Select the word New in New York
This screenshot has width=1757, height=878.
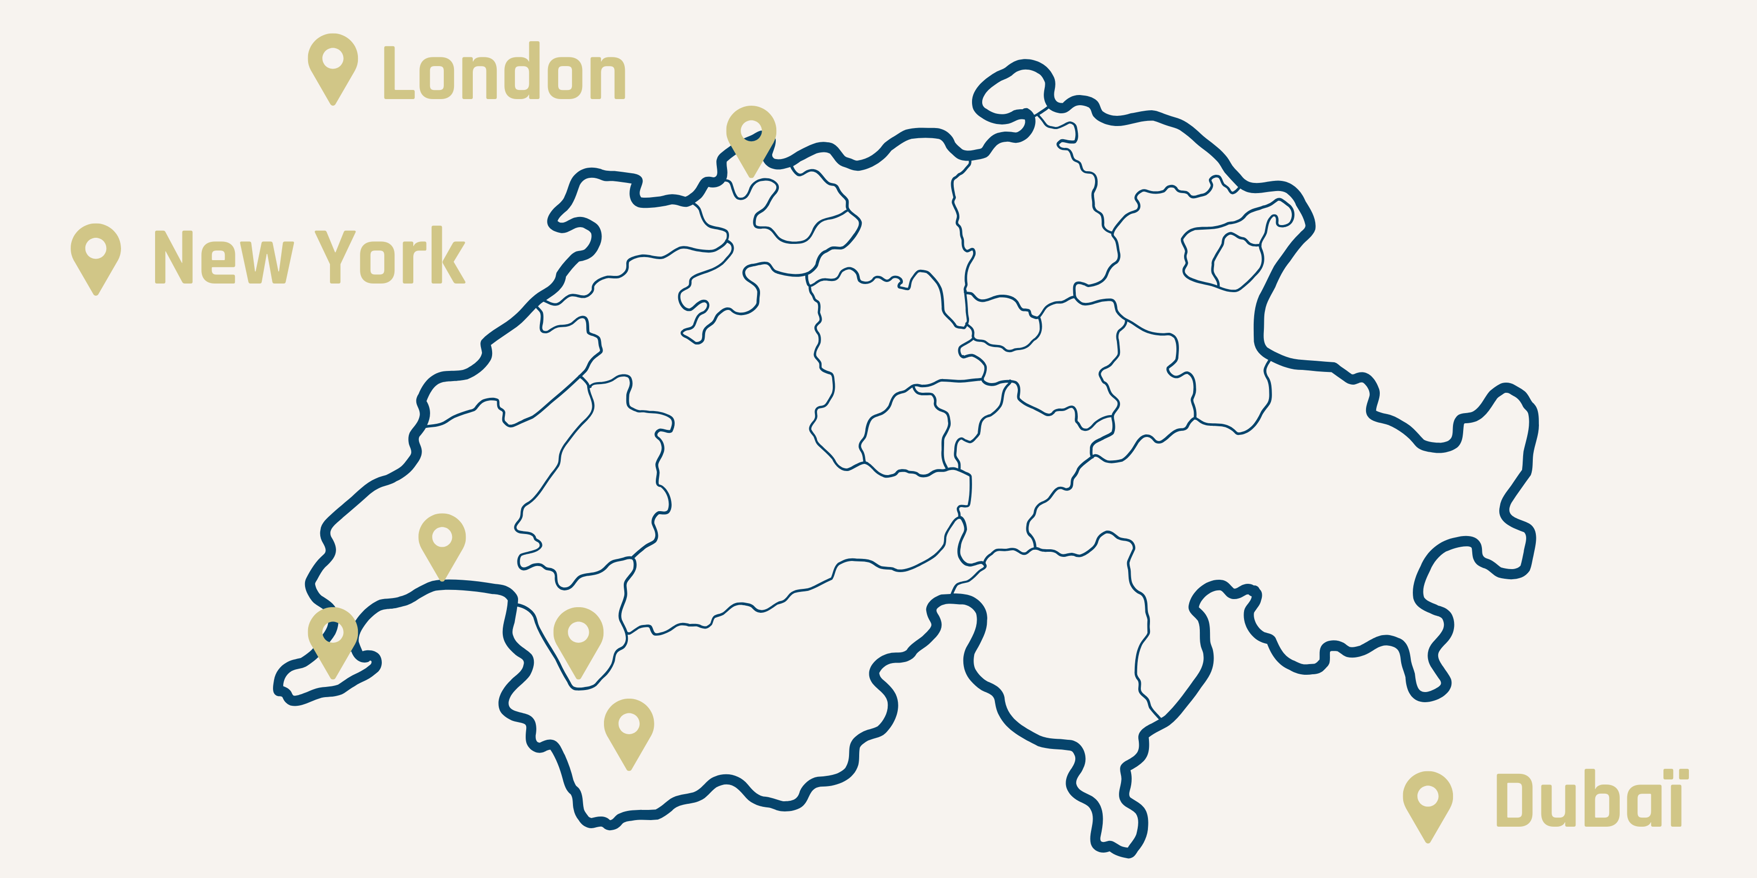point(224,257)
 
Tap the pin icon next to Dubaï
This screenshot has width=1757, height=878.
point(1428,801)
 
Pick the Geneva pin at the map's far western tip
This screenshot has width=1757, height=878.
point(333,637)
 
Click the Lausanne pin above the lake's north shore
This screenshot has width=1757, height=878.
point(442,542)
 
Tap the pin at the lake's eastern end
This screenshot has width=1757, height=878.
point(579,637)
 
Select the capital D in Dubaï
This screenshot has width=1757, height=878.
point(1517,800)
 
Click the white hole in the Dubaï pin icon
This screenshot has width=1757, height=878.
point(1428,795)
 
